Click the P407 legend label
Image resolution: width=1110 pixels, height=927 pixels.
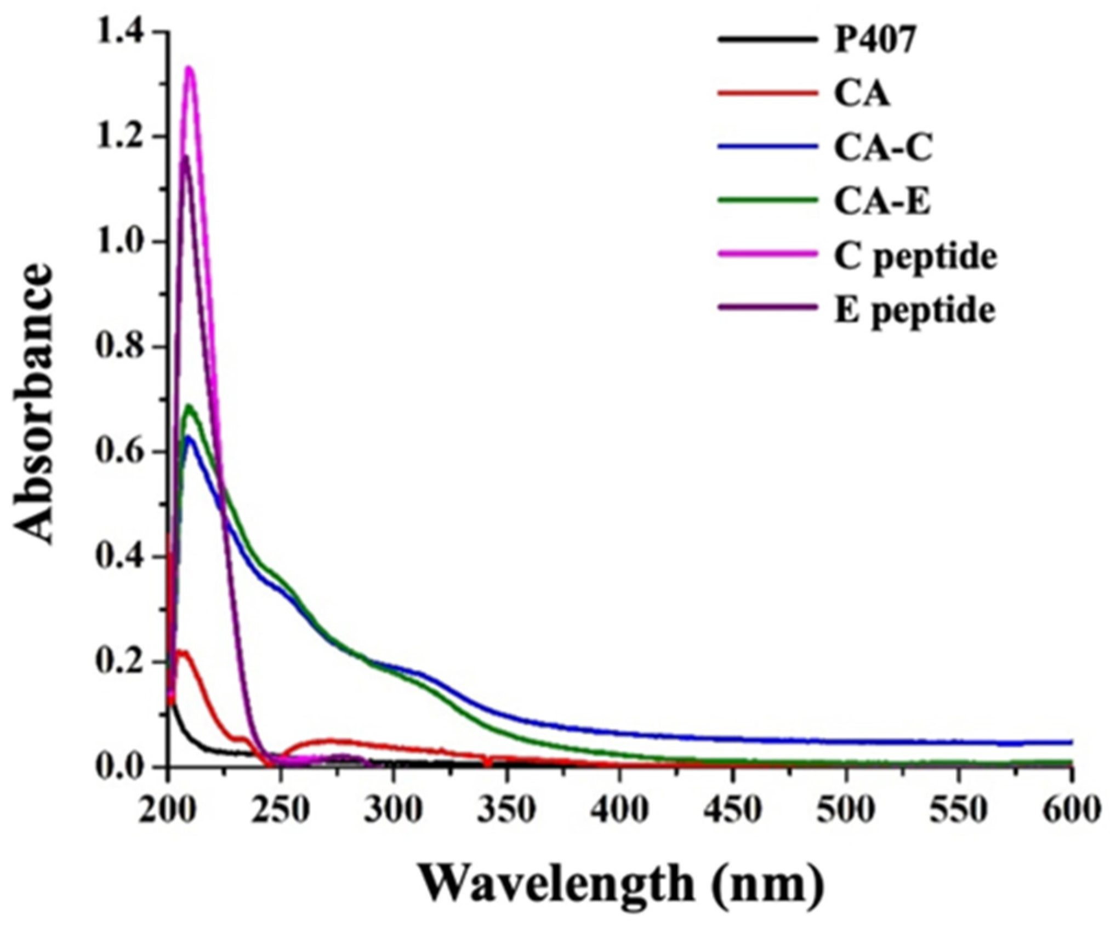tap(874, 41)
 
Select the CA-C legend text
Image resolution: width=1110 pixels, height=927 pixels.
tap(883, 148)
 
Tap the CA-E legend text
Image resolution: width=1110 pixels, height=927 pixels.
tap(882, 202)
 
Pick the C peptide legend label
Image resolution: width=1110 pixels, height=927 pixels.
tap(915, 257)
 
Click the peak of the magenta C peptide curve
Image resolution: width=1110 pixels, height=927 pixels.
tap(190, 68)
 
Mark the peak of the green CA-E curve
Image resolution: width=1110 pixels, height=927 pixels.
tap(190, 406)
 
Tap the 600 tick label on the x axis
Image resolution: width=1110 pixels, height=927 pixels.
tap(1069, 809)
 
